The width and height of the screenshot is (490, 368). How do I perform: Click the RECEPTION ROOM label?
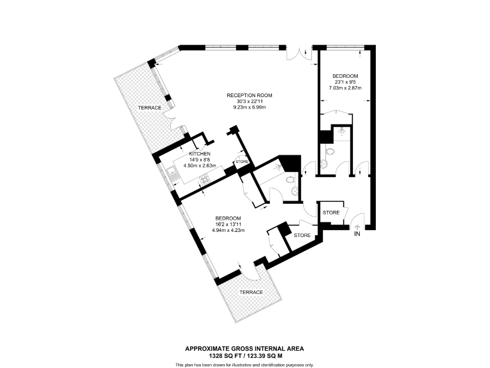point(245,96)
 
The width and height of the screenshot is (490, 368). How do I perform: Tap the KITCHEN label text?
point(200,155)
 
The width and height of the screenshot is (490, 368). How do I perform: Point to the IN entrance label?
point(358,234)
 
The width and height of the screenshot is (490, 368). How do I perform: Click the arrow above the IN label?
point(357,226)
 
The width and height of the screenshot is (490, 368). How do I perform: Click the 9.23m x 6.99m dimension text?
point(245,107)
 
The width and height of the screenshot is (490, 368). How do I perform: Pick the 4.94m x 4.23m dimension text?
point(228,231)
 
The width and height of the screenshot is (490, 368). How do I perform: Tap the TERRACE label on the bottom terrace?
point(251,292)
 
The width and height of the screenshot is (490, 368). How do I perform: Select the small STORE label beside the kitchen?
point(241,162)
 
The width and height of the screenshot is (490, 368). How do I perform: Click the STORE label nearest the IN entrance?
point(330,212)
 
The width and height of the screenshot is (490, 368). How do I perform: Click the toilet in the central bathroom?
point(292,191)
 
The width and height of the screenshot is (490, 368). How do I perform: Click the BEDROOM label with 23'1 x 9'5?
point(345,76)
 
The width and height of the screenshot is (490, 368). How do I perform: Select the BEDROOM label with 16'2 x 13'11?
point(228,218)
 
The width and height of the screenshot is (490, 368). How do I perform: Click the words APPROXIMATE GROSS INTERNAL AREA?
point(244,348)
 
